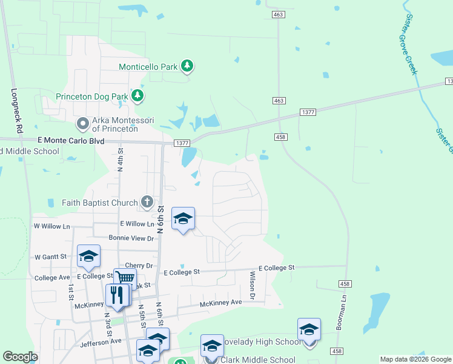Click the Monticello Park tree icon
(188, 66)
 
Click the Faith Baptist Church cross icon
(147, 201)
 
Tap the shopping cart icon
(125, 278)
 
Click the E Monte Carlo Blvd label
(70, 141)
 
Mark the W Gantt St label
(51, 257)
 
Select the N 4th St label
(121, 159)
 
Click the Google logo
(20, 357)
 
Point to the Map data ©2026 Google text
(414, 359)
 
